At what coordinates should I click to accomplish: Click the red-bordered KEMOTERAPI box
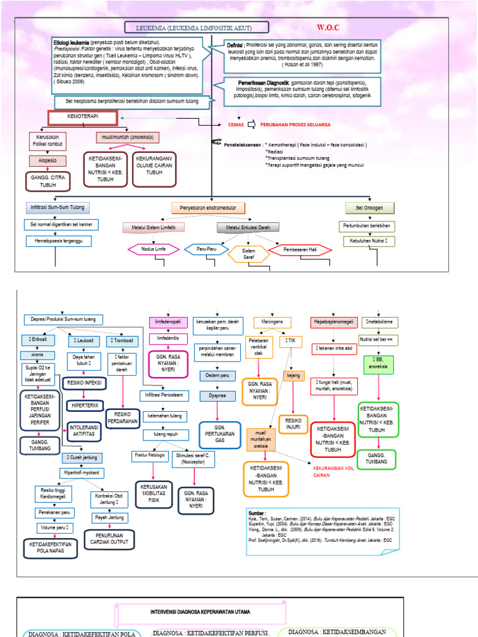[x=83, y=118]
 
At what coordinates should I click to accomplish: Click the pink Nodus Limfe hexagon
[x=152, y=249]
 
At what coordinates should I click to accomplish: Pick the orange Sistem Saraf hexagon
[x=248, y=253]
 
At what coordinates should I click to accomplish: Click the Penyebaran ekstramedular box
[x=208, y=207]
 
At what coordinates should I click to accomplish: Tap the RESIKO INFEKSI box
[x=85, y=383]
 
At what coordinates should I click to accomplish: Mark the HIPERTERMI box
[x=85, y=405]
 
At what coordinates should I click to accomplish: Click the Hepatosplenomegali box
[x=334, y=322]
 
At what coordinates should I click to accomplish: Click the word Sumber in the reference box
[x=256, y=514]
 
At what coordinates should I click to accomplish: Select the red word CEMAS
[x=237, y=124]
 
